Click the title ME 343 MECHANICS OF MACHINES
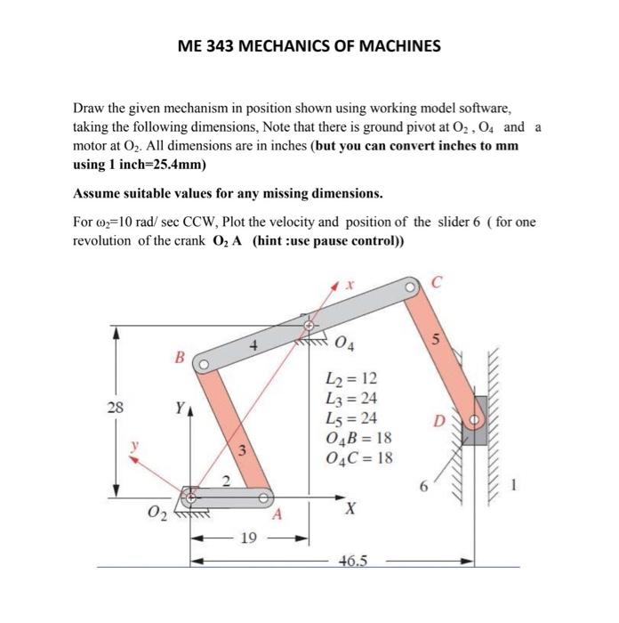(309, 44)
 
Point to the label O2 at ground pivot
(157, 513)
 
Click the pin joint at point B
(204, 363)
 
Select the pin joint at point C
(411, 287)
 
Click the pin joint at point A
(264, 498)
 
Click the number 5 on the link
(437, 339)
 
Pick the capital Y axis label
(181, 410)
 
